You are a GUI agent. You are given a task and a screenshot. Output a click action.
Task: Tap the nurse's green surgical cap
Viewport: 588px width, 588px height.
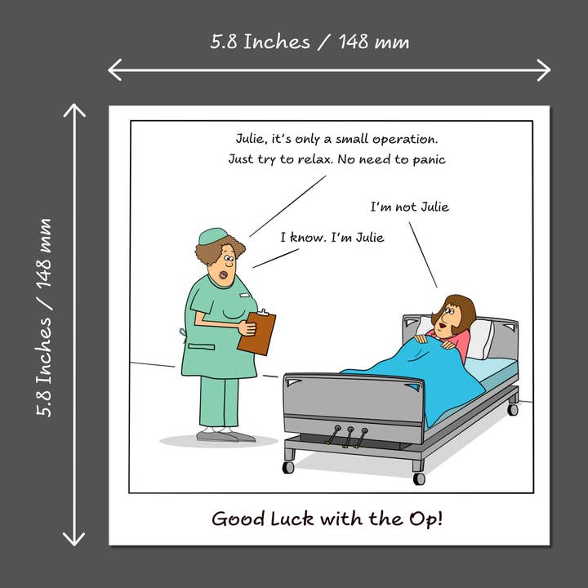213,236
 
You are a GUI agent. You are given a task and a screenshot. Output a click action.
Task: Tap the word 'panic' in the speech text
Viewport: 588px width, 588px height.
428,159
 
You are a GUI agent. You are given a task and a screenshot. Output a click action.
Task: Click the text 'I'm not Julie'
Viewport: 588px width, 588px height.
409,207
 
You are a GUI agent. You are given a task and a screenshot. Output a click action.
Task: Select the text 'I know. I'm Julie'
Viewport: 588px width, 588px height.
332,238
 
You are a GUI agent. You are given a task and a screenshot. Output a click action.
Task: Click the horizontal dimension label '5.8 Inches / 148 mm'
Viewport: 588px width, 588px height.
310,42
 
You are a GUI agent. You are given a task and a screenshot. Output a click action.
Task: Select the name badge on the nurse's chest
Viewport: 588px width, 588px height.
243,292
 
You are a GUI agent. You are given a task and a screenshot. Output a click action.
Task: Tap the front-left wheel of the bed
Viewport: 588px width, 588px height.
288,467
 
